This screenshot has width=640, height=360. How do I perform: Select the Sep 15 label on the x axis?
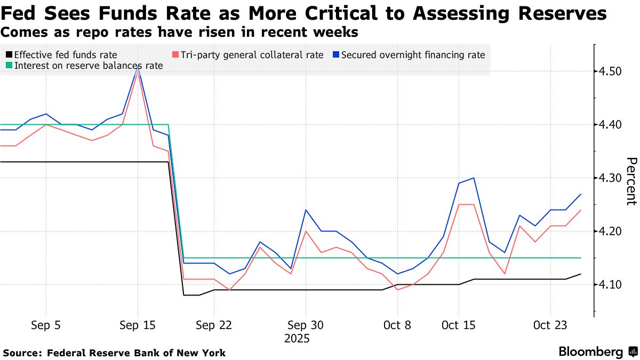pyautogui.click(x=138, y=325)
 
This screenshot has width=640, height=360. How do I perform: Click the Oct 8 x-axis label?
pyautogui.click(x=397, y=325)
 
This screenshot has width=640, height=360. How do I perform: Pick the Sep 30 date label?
pyautogui.click(x=306, y=325)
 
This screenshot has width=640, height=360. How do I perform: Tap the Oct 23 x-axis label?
pyautogui.click(x=551, y=325)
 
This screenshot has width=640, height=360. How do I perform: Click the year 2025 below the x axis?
pyautogui.click(x=297, y=339)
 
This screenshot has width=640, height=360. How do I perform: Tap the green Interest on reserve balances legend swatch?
pyautogui.click(x=9, y=66)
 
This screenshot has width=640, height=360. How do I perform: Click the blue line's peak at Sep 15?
pyautogui.click(x=138, y=66)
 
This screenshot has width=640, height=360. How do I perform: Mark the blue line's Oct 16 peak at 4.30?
pyautogui.click(x=474, y=178)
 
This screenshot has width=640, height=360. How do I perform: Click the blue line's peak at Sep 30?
pyautogui.click(x=306, y=210)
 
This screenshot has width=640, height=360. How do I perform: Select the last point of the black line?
pyautogui.click(x=580, y=274)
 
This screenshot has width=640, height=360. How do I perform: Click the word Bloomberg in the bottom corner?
pyautogui.click(x=590, y=352)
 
